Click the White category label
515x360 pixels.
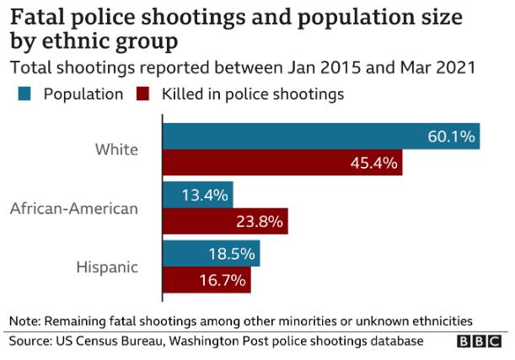116,149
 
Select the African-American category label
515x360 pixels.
73,208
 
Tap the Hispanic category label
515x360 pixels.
106,266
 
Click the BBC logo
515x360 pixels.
478,342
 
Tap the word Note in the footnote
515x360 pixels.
24,321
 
